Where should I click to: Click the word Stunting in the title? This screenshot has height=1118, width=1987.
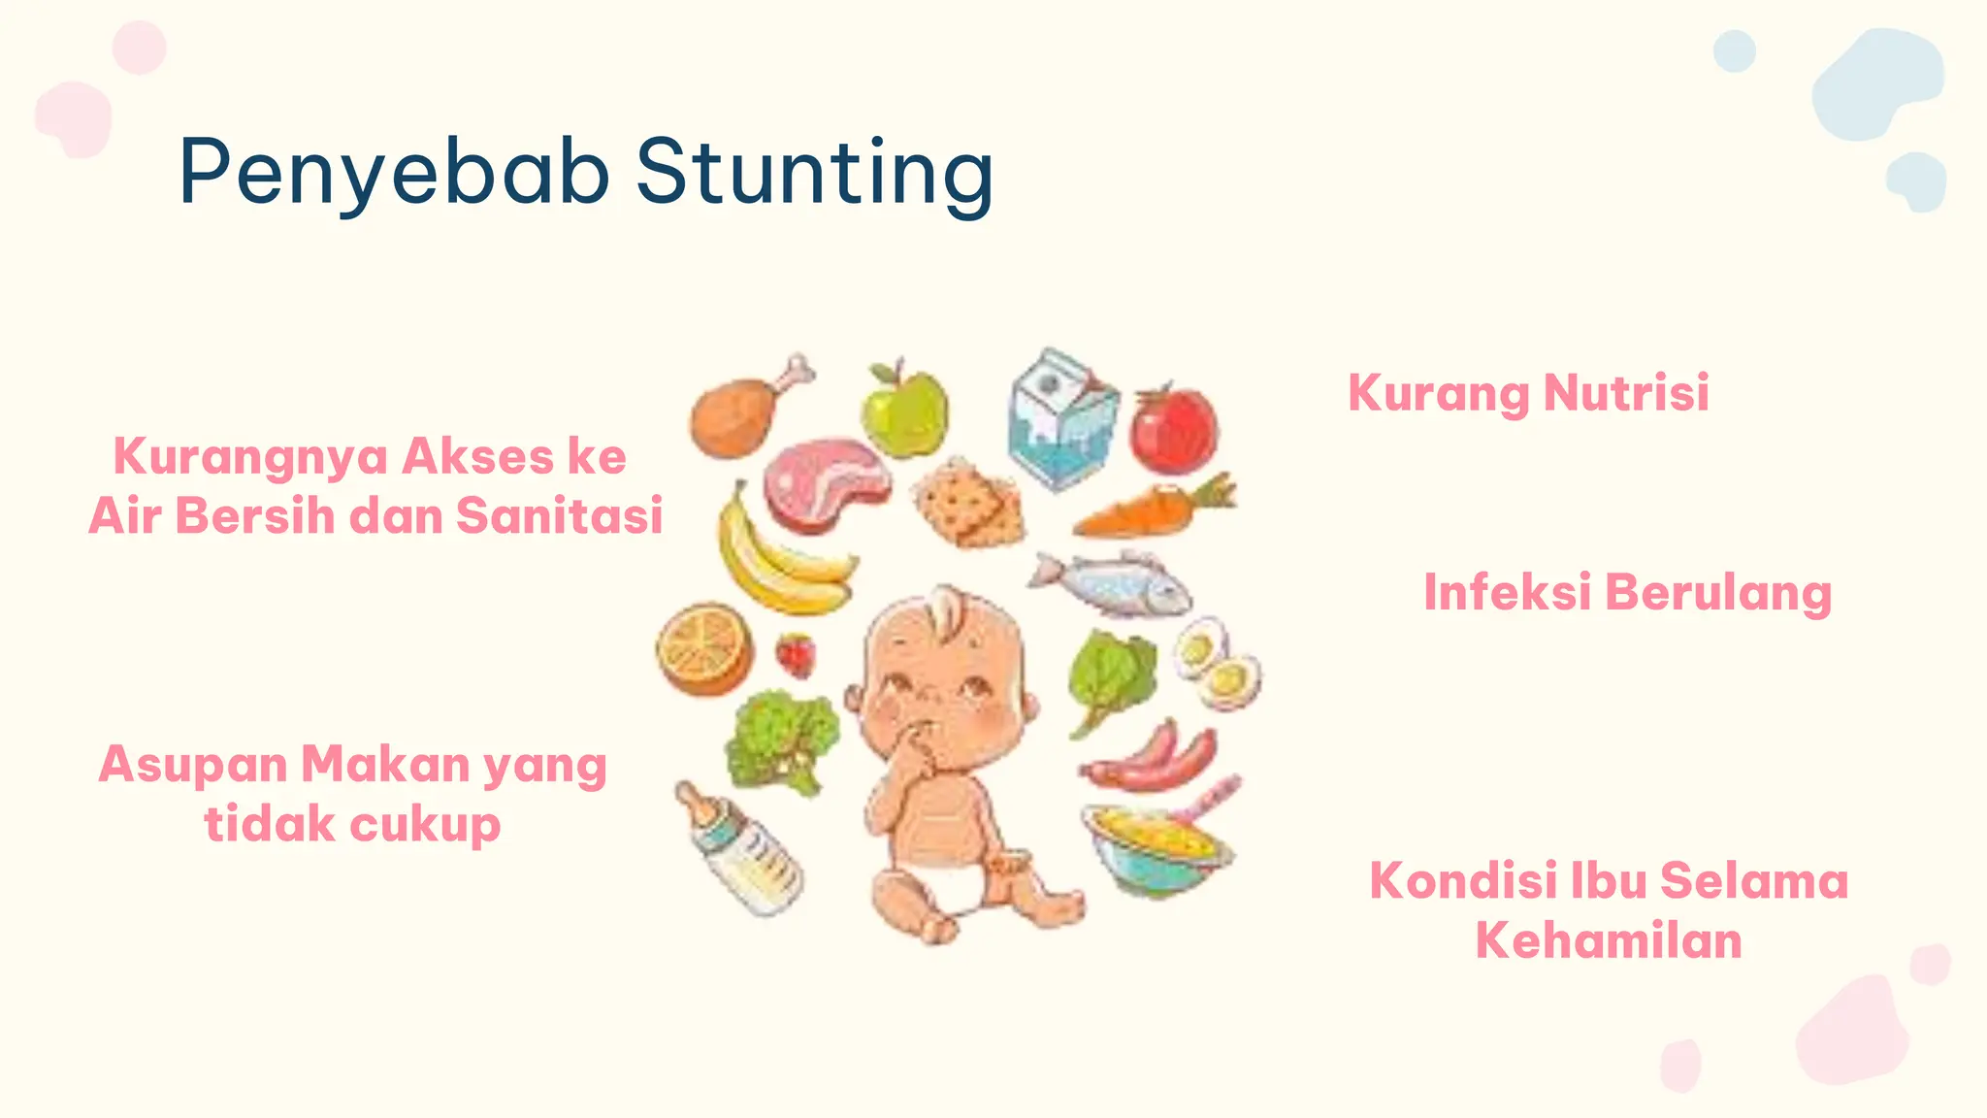[814, 173]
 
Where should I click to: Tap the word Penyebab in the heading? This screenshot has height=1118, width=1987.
[394, 173]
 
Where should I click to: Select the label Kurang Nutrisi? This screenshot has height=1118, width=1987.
[1528, 393]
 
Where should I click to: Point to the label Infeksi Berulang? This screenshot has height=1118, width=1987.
[1627, 592]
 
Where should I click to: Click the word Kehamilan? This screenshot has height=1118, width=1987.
[1609, 940]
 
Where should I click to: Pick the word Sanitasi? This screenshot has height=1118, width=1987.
[559, 515]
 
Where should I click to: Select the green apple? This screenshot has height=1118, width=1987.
[904, 411]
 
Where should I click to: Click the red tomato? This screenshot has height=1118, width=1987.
[1174, 430]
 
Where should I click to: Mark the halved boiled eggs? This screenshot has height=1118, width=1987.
[1217, 664]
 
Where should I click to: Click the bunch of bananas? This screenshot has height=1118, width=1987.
[776, 558]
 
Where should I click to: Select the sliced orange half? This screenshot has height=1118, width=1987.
[704, 649]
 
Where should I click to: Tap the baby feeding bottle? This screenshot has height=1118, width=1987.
[742, 849]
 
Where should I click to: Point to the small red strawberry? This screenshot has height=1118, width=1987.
[796, 655]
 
